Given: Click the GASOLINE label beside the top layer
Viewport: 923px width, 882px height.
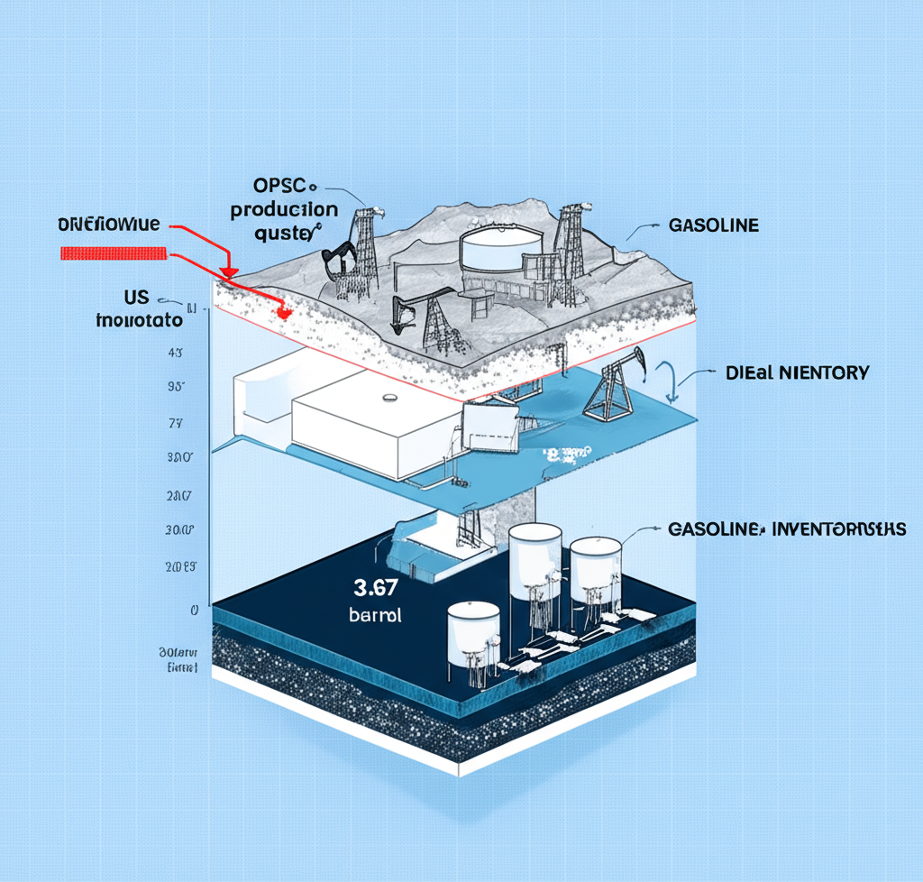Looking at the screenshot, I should coord(712,225).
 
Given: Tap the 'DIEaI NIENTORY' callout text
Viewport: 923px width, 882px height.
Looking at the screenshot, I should coord(797,372).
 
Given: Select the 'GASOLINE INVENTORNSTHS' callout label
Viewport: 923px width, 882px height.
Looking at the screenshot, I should coord(786,529).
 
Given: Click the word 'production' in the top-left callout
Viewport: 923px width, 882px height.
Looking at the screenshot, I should coord(284,209).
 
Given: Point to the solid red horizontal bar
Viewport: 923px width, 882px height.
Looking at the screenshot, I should coord(113,253).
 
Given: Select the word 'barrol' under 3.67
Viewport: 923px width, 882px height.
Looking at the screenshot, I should coord(374,617).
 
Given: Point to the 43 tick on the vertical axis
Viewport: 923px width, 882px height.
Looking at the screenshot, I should coord(177,353).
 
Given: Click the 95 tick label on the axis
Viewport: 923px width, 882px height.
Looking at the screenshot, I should coord(177,387).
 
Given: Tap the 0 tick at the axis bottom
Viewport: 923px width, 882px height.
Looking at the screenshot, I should coord(194,611).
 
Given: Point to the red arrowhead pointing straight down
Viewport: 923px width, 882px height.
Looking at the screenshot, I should coord(229,271).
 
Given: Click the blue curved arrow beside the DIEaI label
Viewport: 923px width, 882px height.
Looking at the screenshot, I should coord(668,380).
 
